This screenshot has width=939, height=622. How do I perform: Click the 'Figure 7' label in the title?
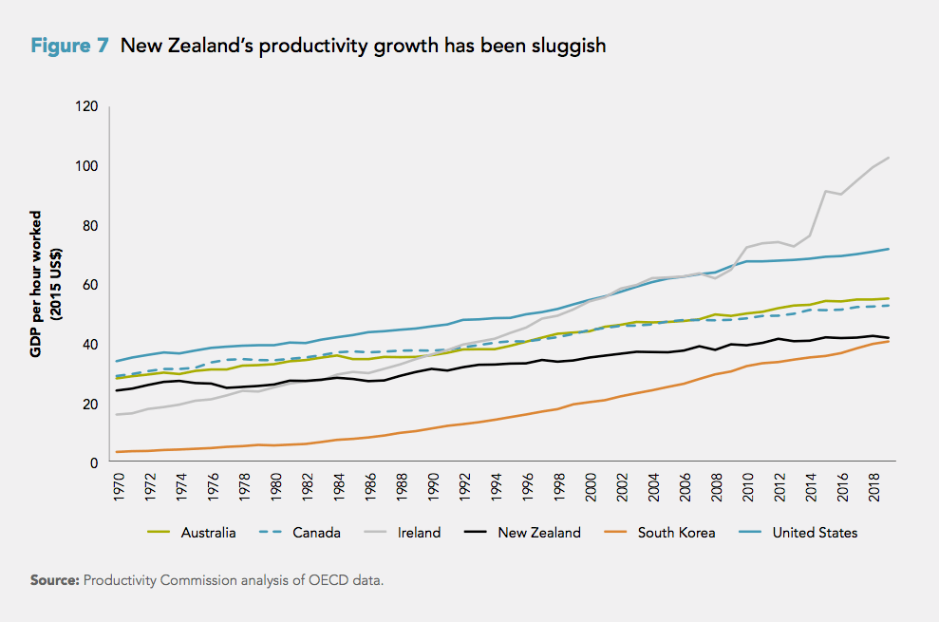69,46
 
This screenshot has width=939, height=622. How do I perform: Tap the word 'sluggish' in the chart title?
566,46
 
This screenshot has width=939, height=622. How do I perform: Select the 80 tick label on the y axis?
90,226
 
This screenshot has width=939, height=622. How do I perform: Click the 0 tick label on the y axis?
94,463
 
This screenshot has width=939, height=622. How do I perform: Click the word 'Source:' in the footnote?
54,580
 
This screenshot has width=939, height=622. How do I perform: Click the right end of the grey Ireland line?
888,158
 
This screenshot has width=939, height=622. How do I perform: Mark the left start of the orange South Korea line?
118,452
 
